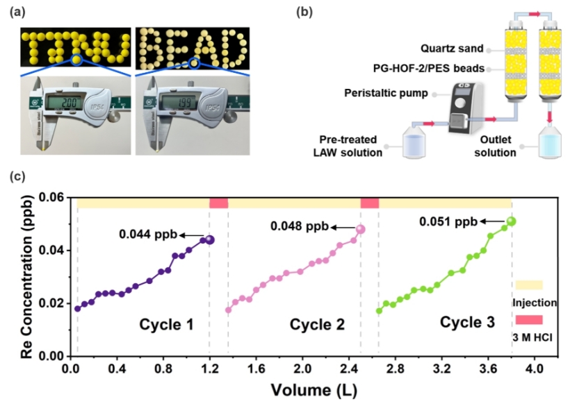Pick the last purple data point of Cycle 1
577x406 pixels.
209,239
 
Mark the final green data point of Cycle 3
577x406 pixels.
512,221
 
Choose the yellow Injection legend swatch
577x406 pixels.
528,285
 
